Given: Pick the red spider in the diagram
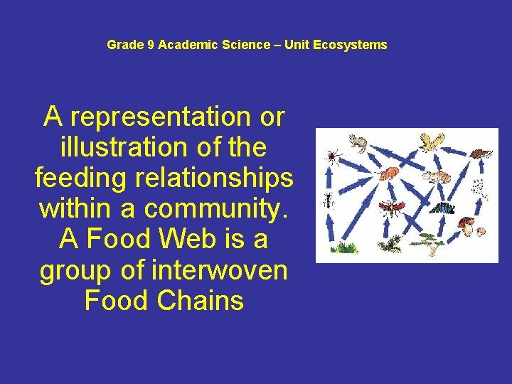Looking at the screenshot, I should point(332,155).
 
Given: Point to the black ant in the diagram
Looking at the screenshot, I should point(329,201).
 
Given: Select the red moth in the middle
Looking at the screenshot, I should point(391,208).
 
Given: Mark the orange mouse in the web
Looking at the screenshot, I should point(390,173).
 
